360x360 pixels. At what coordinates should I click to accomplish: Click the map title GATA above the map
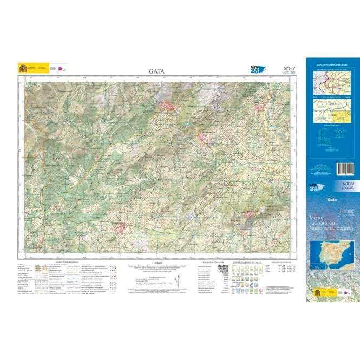[x=157, y=70]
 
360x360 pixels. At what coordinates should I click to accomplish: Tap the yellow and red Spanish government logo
[x=23, y=68]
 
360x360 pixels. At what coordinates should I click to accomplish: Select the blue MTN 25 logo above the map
[x=258, y=69]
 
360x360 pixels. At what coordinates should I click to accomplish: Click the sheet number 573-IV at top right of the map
[x=289, y=68]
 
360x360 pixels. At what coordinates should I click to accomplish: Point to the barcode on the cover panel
[x=345, y=169]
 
